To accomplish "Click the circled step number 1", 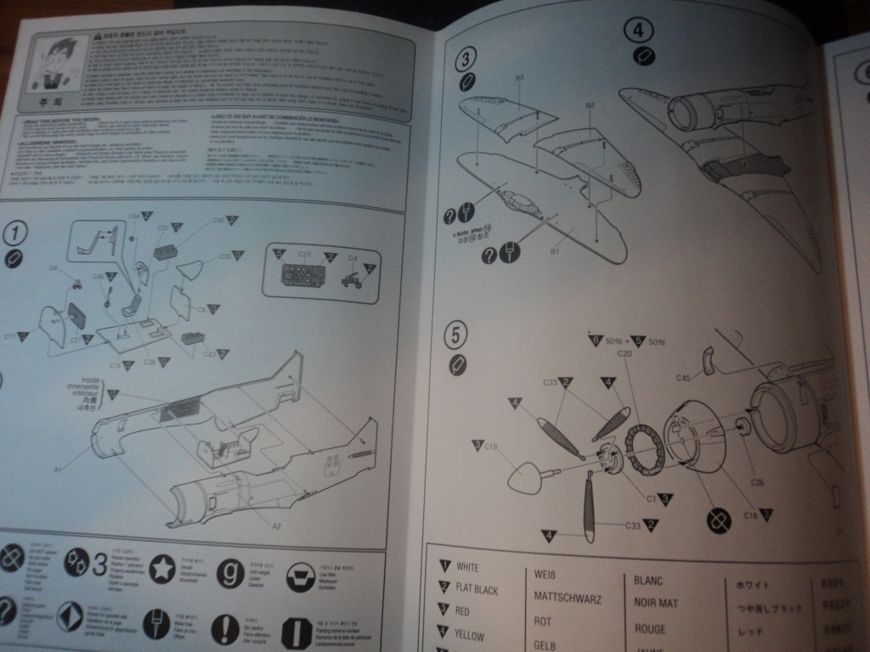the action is point(16,232).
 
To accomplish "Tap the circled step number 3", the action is point(466,59).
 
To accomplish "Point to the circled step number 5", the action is point(457,338).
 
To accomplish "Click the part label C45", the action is point(686,377).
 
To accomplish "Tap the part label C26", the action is point(758,482).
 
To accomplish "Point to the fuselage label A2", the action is point(277,526).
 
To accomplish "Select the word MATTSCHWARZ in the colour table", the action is point(568,598).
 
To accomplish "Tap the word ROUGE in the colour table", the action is point(650,629).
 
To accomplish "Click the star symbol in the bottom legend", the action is point(161,569).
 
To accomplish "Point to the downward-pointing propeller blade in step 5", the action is point(588,507).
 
